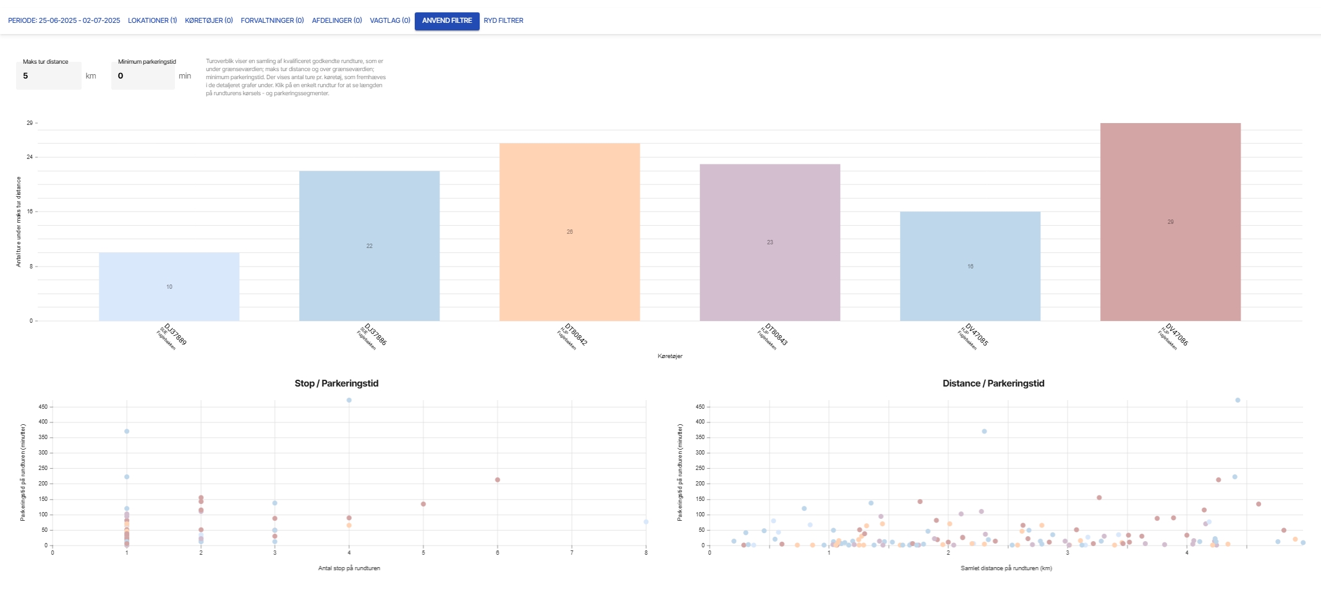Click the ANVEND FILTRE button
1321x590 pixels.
(446, 20)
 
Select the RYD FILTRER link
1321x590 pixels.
(503, 20)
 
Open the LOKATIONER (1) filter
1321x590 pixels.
(152, 20)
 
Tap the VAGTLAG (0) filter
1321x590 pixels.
(389, 20)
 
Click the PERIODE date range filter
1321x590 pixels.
(64, 20)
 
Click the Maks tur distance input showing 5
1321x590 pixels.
(48, 76)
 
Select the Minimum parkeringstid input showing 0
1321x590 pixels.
(142, 76)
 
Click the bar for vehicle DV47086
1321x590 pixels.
(1170, 221)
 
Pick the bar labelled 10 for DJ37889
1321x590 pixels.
(169, 286)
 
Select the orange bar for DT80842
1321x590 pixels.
(569, 231)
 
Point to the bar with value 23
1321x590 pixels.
(770, 242)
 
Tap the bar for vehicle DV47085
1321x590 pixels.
(970, 266)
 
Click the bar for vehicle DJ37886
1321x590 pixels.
(369, 246)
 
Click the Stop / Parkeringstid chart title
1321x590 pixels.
(336, 383)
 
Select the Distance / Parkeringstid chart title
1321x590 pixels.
(993, 383)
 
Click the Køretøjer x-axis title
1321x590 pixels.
(669, 356)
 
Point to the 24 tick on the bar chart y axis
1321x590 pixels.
(30, 157)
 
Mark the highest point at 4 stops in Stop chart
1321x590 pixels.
(349, 400)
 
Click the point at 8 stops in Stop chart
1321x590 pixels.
(646, 522)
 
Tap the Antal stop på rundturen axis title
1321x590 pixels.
(349, 568)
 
